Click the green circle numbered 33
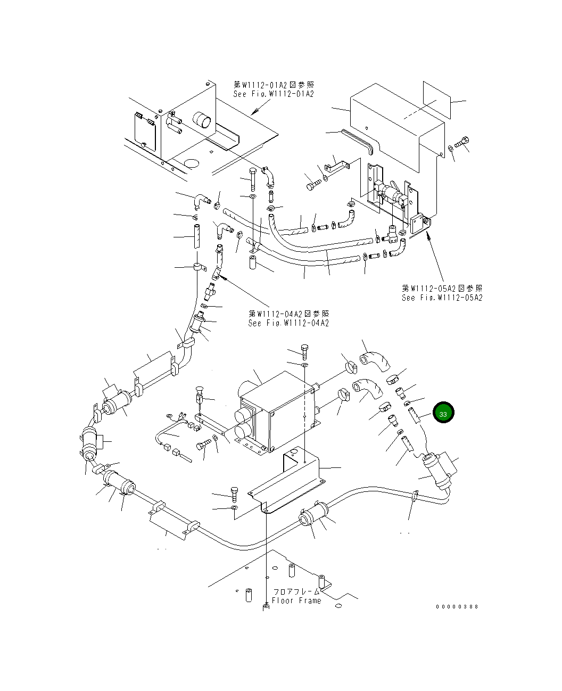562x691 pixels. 443,413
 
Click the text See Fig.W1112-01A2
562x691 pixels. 274,94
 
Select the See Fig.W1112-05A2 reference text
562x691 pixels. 442,298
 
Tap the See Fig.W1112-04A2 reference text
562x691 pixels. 288,323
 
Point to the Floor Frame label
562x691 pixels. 296,600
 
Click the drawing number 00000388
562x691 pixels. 457,606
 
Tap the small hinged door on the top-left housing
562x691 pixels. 143,128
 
